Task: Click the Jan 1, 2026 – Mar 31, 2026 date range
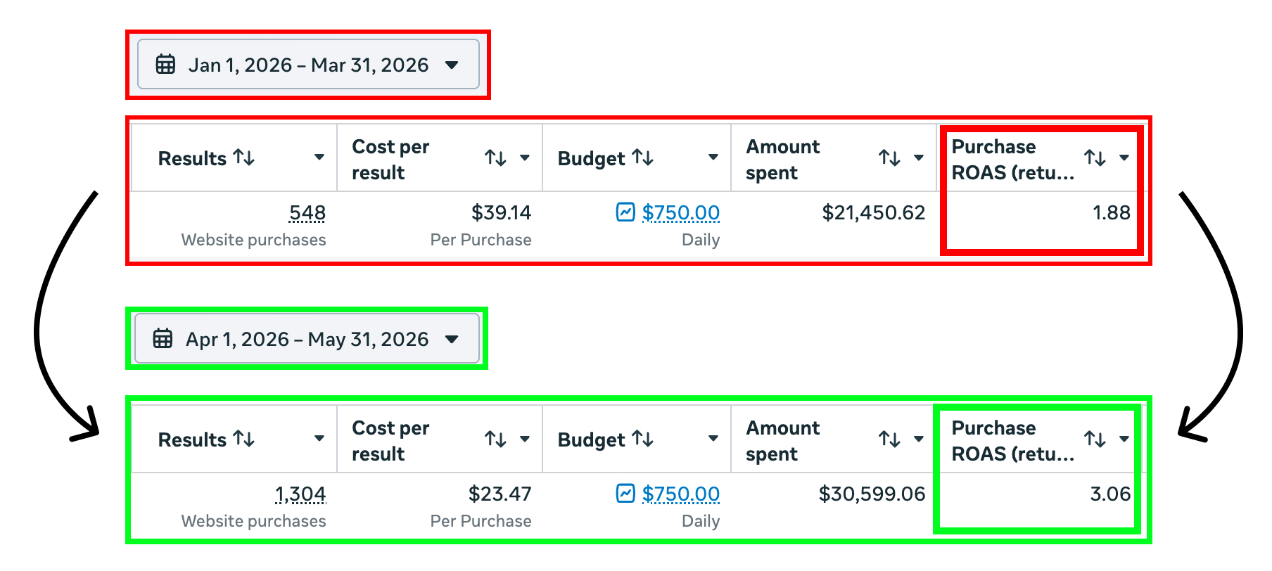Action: click(x=308, y=65)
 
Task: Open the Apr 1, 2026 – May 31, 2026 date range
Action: click(x=307, y=339)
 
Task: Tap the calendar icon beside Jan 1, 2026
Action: click(x=165, y=64)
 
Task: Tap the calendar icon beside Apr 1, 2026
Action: click(x=163, y=338)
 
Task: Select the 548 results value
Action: click(x=307, y=212)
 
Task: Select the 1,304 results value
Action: click(x=300, y=494)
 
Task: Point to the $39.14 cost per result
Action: click(x=501, y=212)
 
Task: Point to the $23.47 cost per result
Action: click(x=500, y=494)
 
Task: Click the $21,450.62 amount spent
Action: click(x=874, y=212)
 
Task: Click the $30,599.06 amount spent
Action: click(x=872, y=494)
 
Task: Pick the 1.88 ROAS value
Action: click(x=1112, y=212)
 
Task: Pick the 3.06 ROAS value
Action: click(x=1110, y=494)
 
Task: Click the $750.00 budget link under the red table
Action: click(x=680, y=212)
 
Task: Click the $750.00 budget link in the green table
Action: click(x=680, y=494)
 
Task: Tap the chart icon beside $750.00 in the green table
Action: click(x=625, y=493)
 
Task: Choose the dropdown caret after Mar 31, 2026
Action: click(x=452, y=65)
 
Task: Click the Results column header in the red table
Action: click(x=192, y=158)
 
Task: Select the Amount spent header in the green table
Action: click(x=782, y=441)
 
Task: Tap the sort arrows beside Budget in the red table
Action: click(x=643, y=158)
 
